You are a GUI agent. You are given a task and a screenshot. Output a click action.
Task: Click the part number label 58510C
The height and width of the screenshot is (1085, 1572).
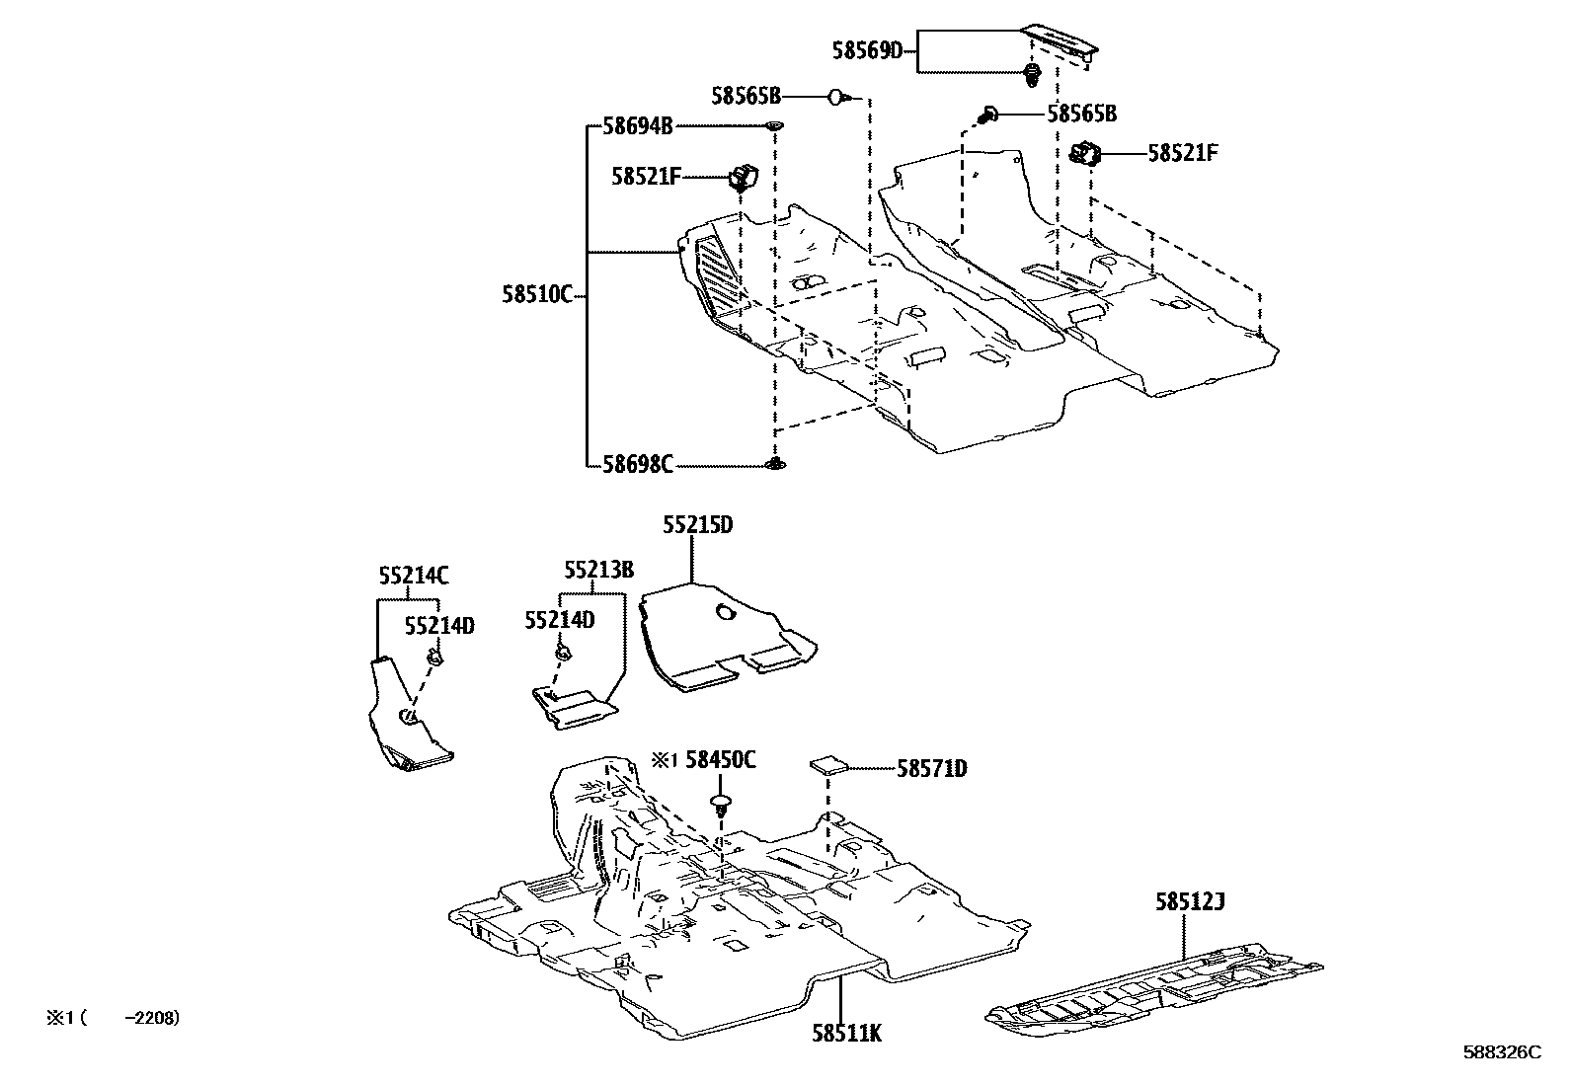[x=536, y=295]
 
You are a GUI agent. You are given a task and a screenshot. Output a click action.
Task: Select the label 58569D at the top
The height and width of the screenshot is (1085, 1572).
[x=867, y=49]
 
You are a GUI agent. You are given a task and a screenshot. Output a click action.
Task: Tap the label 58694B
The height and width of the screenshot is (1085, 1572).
[x=637, y=125]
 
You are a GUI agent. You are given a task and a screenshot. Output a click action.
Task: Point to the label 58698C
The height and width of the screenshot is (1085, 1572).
[x=637, y=464]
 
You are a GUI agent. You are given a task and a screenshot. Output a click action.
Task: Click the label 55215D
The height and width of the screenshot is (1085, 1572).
[x=697, y=525]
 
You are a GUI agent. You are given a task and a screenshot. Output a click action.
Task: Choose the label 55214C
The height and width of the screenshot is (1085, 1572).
[x=413, y=575]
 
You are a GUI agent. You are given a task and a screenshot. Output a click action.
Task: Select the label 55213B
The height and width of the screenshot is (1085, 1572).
[x=598, y=570]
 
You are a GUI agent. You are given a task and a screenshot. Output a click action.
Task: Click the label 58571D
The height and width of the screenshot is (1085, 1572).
[x=931, y=768]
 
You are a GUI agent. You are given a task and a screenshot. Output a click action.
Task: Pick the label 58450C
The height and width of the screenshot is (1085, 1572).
[x=721, y=759]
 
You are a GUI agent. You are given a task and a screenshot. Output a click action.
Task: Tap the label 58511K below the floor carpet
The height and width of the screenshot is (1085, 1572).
[x=846, y=1034]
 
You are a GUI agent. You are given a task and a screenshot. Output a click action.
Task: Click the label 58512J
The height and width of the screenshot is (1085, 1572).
[x=1191, y=901]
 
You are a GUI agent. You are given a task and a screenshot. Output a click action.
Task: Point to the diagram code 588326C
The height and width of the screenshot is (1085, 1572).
[x=1502, y=1052]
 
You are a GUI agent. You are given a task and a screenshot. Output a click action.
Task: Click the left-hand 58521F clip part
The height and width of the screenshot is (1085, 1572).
[x=742, y=177]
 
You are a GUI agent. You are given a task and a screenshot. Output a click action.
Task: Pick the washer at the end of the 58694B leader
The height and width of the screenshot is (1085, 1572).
[x=774, y=125]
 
